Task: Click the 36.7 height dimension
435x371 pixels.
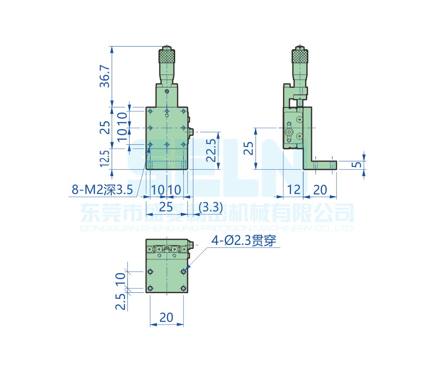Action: tap(105, 76)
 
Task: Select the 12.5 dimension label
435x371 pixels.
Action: tap(105, 159)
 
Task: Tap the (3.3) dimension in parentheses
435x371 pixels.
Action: tap(210, 207)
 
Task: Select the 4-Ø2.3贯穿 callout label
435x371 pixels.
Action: tap(244, 241)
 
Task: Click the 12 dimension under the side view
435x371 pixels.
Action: tap(294, 189)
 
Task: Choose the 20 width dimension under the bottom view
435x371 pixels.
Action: tap(166, 317)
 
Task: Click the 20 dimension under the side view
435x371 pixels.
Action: tap(320, 189)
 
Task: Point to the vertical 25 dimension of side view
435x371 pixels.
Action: tap(248, 148)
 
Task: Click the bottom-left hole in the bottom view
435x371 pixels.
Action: tap(150, 288)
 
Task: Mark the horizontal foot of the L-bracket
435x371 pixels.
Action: tap(324, 165)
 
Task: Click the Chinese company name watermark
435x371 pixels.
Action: tap(217, 213)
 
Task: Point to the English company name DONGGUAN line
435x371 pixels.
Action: tap(217, 228)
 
